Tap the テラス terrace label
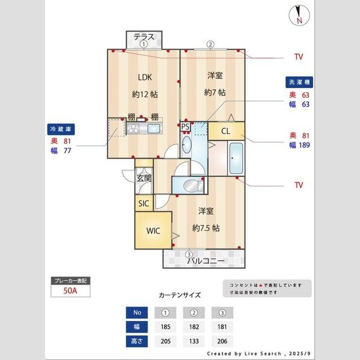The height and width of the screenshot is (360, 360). (144, 37)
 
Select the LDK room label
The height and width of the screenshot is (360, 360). (145, 77)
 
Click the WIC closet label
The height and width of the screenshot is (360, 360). (153, 230)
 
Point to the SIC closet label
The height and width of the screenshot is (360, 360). (143, 203)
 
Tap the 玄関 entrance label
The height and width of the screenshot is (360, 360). (143, 178)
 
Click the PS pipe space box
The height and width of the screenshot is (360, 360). (185, 127)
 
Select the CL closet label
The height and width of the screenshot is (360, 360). (226, 131)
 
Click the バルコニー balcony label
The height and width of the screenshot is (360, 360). (206, 261)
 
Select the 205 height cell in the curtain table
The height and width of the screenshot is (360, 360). (165, 341)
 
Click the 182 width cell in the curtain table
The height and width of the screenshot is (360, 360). (194, 327)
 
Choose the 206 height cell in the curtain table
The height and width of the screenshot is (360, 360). (222, 341)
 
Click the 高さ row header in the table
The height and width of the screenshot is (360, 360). (137, 341)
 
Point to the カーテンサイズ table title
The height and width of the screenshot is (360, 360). (180, 295)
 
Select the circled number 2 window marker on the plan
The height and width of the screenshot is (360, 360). (211, 44)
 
